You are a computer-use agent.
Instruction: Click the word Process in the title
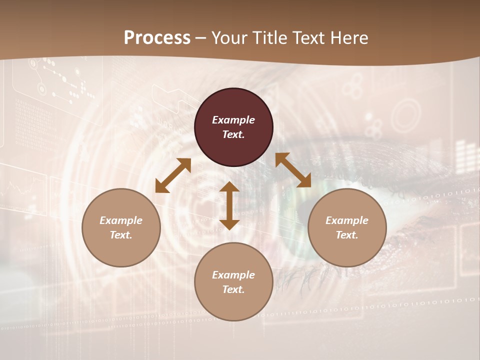(x=157, y=38)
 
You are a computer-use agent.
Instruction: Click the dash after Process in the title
(x=201, y=39)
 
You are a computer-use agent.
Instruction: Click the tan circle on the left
(x=121, y=227)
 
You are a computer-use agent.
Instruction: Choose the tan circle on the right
(x=347, y=227)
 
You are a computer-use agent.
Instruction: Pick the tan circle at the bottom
(x=233, y=281)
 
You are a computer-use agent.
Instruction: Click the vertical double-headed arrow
(x=229, y=205)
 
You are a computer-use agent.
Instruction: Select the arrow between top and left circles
(x=173, y=175)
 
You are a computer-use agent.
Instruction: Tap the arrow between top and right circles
(x=293, y=170)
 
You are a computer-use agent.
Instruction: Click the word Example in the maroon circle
(x=233, y=120)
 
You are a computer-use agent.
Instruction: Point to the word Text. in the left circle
(x=121, y=235)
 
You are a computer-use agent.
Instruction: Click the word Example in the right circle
(x=347, y=220)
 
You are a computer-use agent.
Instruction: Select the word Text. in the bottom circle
(x=233, y=289)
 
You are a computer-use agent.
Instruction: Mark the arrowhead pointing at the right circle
(x=304, y=181)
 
